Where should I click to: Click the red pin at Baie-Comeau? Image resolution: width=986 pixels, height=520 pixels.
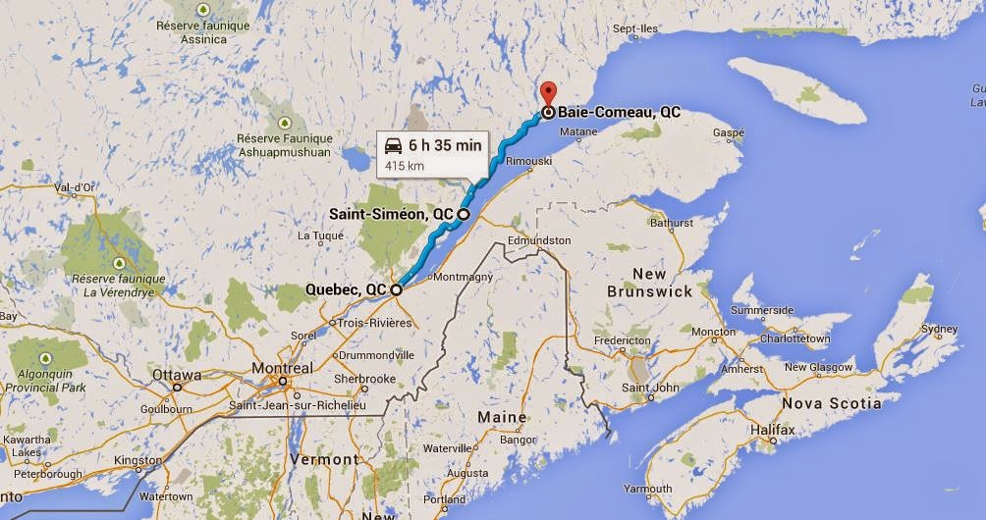548,94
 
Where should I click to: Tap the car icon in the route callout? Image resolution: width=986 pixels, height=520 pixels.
393,145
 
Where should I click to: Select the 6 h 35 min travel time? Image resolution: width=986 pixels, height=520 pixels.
445,145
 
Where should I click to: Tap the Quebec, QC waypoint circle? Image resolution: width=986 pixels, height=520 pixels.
396,289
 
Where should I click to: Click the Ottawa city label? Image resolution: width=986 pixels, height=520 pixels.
177,375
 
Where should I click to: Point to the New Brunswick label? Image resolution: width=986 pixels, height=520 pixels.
649,282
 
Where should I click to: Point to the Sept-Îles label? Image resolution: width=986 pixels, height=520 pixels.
636,29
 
